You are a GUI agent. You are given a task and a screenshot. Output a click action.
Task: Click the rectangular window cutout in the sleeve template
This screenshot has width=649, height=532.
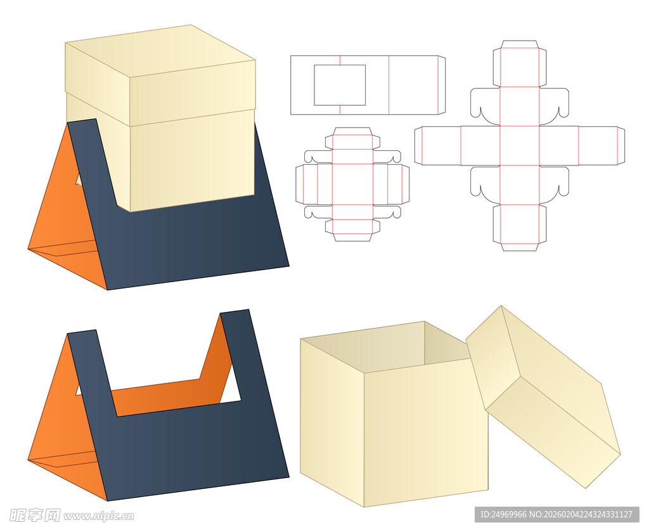(x=340, y=85)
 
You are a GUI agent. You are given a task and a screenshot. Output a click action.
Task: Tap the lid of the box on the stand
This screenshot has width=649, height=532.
(x=160, y=75)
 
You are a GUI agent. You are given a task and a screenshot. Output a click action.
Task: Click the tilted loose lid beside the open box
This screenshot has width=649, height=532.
(x=543, y=396)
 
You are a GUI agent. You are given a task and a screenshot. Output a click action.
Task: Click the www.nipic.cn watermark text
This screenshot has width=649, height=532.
(x=98, y=516)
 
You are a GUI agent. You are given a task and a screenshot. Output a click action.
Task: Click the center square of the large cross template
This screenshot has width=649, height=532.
(x=520, y=145)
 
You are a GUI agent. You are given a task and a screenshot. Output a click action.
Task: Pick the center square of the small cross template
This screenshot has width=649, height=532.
(x=352, y=184)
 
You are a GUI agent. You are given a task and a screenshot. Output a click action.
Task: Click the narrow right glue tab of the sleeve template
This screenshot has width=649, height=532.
(x=442, y=85)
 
